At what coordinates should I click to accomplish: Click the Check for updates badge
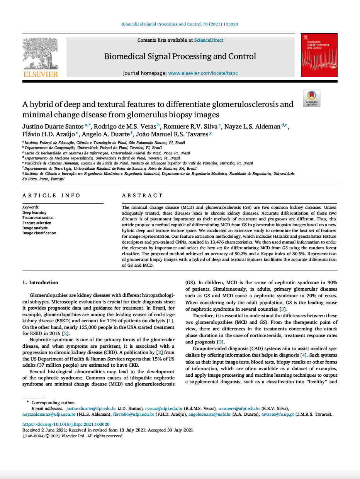click(311, 98)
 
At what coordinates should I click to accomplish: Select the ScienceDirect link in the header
click(209, 40)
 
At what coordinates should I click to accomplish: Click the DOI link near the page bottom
click(66, 424)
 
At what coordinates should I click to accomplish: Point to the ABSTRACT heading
click(143, 196)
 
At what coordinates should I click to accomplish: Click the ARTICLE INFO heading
click(51, 196)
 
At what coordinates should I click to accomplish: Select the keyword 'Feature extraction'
click(38, 218)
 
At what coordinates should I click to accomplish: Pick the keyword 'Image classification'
click(39, 233)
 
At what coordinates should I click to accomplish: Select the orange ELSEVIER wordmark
click(41, 74)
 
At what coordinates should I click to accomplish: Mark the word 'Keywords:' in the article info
click(31, 207)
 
